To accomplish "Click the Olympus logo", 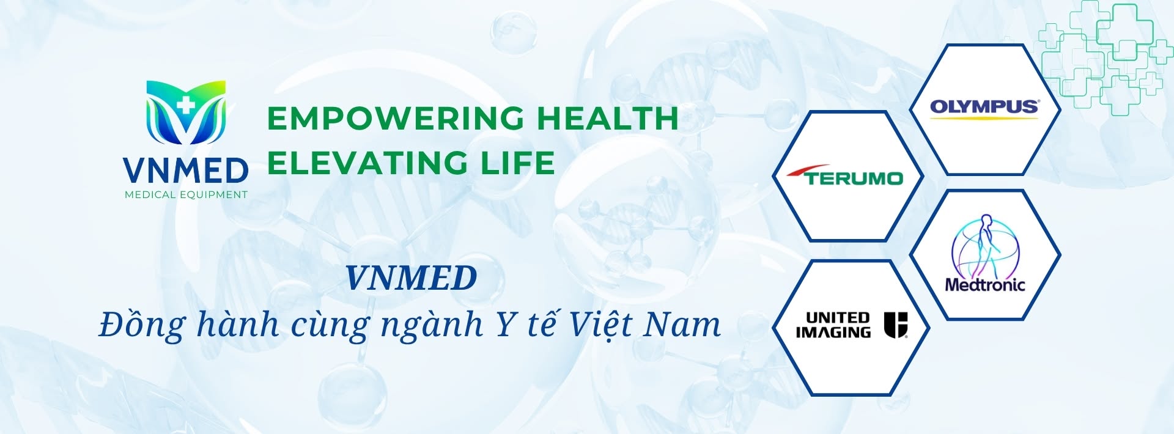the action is click(x=984, y=108).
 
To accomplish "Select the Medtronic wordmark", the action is click(x=984, y=284).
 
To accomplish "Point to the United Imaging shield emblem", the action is click(x=896, y=325).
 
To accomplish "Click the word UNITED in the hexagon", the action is click(x=838, y=317).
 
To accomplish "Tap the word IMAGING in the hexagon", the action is click(x=833, y=332).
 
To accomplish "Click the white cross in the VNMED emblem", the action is click(x=186, y=105).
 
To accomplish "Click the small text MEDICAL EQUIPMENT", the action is click(x=186, y=195).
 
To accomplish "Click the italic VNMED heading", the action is click(x=411, y=278).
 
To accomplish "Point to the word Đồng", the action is click(x=141, y=325).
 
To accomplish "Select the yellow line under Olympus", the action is click(x=984, y=117).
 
